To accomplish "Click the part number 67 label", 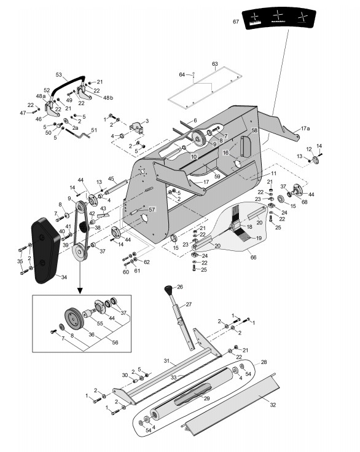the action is (236, 22).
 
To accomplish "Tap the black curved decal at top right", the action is (278, 18).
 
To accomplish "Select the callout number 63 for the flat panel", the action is (215, 64).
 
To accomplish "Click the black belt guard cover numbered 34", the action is (45, 250).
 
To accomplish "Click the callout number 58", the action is (254, 130).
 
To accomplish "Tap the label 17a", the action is (305, 129).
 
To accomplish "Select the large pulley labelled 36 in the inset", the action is (74, 318).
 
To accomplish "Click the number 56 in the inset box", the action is (115, 343).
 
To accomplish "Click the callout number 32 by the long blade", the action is (273, 405).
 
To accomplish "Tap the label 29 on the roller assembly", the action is (206, 398).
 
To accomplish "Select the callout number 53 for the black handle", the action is (59, 74).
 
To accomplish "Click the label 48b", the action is (108, 98).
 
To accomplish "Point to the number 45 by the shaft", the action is (111, 179).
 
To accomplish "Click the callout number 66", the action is (253, 257).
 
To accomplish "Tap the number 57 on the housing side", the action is (152, 210).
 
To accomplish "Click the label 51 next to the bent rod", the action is (94, 130).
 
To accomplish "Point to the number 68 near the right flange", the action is (304, 202).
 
